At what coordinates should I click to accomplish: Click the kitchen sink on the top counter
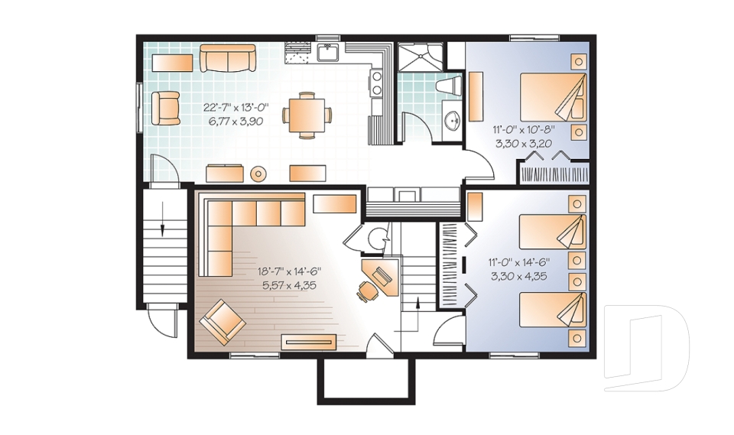coord(329,52)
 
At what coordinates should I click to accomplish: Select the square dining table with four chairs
coord(307,115)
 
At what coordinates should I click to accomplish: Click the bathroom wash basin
coord(453,120)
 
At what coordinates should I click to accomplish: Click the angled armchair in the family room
coord(222,322)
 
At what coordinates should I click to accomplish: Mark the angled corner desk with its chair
coord(380,277)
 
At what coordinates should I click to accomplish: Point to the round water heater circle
coord(376,239)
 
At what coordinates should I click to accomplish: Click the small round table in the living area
coord(259,174)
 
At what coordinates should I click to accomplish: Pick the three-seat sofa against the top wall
coord(227,58)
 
